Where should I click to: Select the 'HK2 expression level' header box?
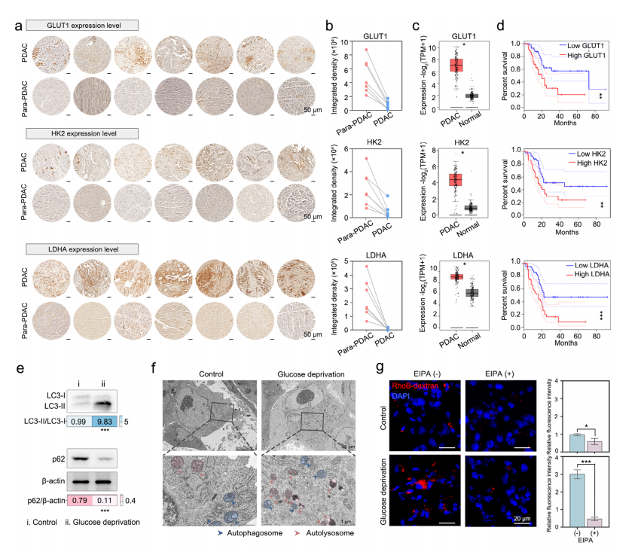(69, 133)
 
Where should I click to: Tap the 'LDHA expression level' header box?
(70, 249)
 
